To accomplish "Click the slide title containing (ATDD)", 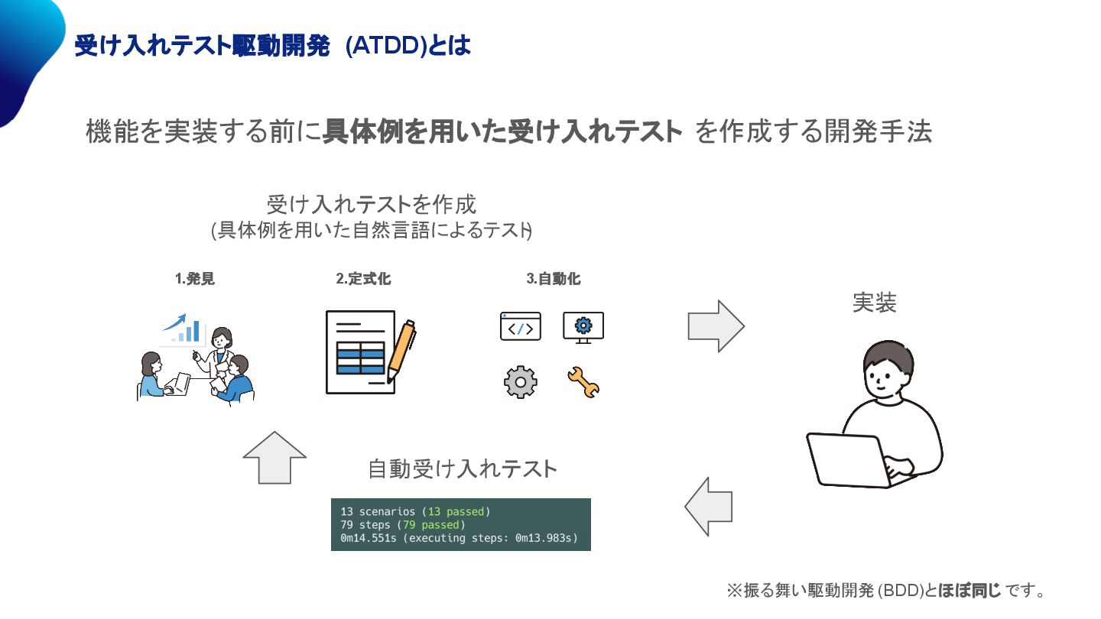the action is (x=271, y=46).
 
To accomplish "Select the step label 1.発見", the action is (x=195, y=280).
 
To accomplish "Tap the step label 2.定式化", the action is (x=363, y=280).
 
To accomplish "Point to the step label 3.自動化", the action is (x=553, y=280).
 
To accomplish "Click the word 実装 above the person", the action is (x=874, y=303).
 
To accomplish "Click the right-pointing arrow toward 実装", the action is (x=716, y=326).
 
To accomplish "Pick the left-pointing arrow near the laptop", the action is (x=709, y=506).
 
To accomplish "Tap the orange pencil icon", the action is (x=401, y=351).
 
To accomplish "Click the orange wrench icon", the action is (x=583, y=382).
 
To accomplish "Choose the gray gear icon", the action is (x=521, y=382).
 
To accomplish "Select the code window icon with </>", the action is (x=521, y=326).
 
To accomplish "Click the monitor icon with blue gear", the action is (x=583, y=326).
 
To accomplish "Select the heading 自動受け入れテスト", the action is (x=463, y=468).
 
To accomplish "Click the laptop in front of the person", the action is (x=849, y=459).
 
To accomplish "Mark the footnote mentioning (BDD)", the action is (x=885, y=591).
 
